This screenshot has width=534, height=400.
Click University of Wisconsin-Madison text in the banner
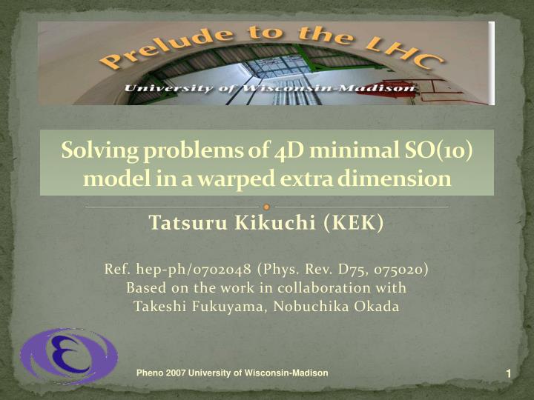270,89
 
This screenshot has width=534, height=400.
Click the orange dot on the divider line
266,207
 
